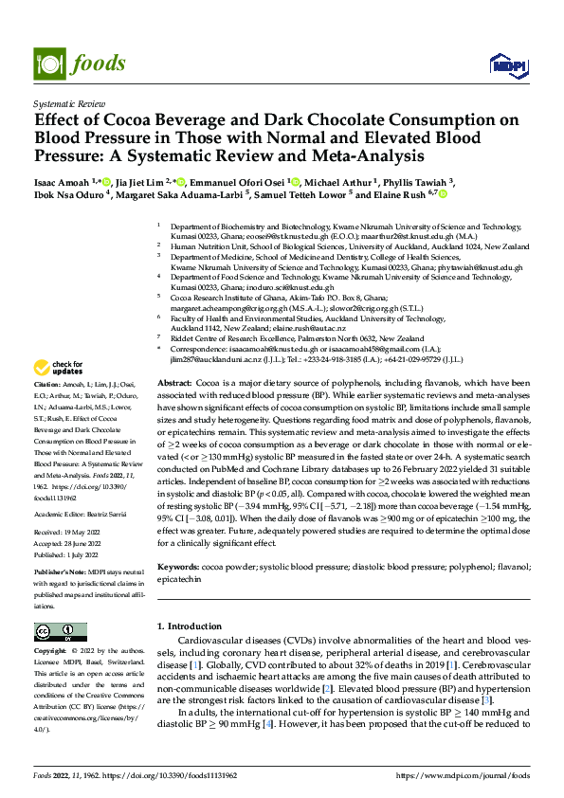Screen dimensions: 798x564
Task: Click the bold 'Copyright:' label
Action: (51, 652)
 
